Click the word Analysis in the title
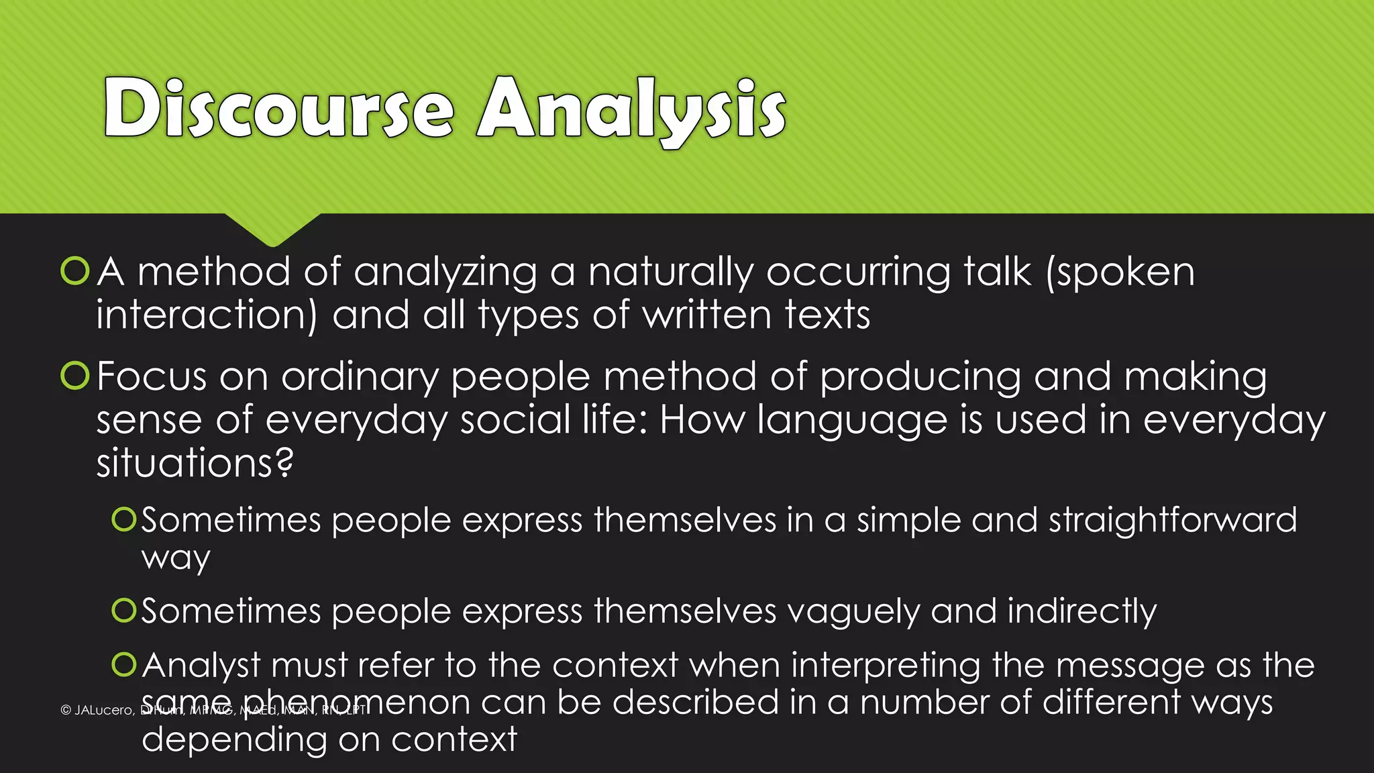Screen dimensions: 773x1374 coord(631,110)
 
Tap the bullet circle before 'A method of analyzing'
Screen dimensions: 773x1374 coord(74,271)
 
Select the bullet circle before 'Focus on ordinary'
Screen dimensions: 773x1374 coord(74,376)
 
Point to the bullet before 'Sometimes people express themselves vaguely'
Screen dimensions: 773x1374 coord(124,611)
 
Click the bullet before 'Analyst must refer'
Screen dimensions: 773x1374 coord(124,664)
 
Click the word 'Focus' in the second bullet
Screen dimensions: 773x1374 coord(151,376)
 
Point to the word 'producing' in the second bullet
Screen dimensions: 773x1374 coord(920,378)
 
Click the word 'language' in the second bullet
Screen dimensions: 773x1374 coord(852,421)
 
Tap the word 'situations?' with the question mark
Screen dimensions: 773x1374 coord(195,463)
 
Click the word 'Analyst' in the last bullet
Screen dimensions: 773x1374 coord(201,666)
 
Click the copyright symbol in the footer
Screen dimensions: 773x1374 coord(66,710)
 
